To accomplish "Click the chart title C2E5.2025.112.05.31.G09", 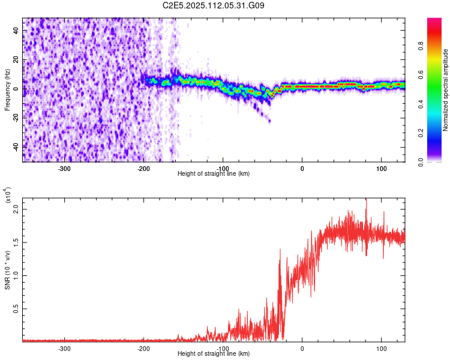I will (214, 5).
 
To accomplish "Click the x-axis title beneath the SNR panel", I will (214, 354).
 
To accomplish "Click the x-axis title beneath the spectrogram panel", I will (214, 173).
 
